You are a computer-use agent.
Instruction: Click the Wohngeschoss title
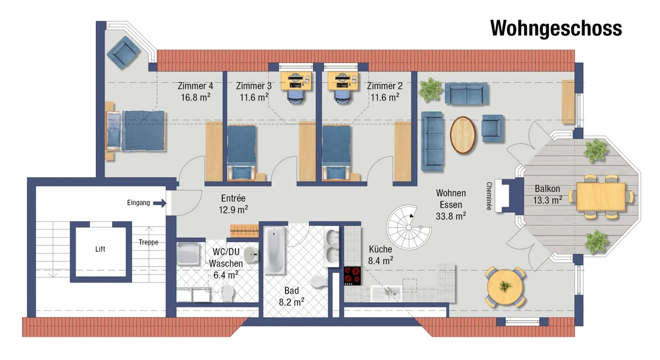[555, 28]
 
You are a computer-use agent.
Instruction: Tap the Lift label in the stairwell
[100, 249]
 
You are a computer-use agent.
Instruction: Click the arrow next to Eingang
[159, 203]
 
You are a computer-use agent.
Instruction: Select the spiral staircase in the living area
[408, 227]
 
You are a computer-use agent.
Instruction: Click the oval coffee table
[462, 135]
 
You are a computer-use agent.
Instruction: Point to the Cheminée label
[489, 196]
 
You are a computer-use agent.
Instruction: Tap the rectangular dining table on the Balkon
[600, 196]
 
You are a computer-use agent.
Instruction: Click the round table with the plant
[505, 288]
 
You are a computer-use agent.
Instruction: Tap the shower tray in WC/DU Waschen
[188, 253]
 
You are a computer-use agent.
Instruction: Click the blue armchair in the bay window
[123, 53]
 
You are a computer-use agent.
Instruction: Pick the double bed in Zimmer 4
[136, 131]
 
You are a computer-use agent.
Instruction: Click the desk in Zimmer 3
[296, 82]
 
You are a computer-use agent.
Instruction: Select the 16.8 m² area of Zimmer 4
[195, 97]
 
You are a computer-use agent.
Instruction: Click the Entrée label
[233, 198]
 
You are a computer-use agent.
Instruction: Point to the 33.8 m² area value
[451, 216]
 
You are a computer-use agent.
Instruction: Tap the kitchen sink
[386, 293]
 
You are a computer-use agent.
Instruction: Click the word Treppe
[148, 242]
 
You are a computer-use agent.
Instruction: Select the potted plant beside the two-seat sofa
[430, 90]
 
